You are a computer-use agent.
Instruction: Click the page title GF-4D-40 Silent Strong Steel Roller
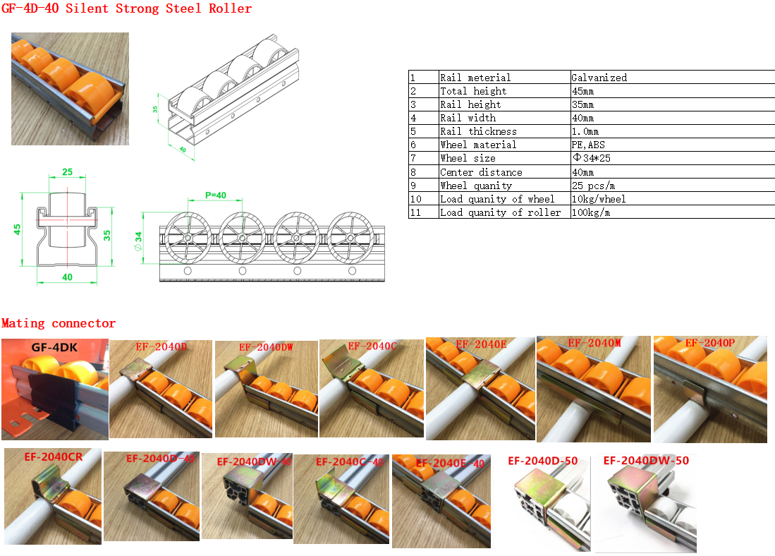click(126, 8)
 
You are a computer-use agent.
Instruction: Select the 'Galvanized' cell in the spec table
click(599, 78)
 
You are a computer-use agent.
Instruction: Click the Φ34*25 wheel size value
click(592, 158)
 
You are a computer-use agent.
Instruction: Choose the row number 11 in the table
click(415, 212)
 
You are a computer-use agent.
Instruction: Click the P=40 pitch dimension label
click(216, 195)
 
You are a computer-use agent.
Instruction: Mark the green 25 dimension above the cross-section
click(67, 172)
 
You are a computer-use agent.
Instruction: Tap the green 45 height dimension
click(18, 229)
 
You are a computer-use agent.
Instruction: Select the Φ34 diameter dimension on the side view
click(138, 241)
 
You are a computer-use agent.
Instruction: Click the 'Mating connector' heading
click(59, 323)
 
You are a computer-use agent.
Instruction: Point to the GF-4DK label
click(54, 348)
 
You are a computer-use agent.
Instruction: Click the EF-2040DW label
click(266, 347)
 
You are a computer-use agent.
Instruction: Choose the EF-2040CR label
click(54, 457)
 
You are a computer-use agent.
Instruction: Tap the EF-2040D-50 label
click(543, 461)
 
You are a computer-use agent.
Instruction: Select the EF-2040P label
click(709, 343)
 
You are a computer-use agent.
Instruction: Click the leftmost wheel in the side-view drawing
click(188, 238)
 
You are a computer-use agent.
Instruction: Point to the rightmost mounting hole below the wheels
click(352, 271)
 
